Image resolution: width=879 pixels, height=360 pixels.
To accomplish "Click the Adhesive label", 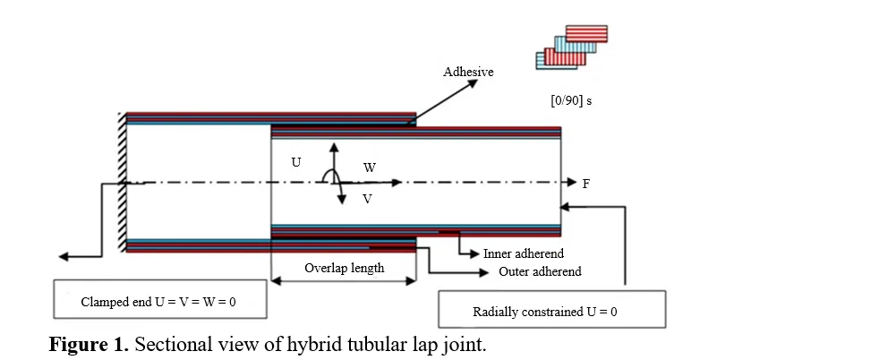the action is pyautogui.click(x=468, y=72).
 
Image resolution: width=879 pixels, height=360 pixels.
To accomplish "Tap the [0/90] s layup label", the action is pyautogui.click(x=571, y=101).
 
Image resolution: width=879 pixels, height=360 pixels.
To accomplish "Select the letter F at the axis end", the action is pyautogui.click(x=585, y=184).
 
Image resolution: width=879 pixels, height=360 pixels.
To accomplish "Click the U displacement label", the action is pyautogui.click(x=296, y=163).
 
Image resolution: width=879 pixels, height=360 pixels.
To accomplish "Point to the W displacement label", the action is pyautogui.click(x=370, y=167).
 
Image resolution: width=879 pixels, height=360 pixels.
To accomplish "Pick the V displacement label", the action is pyautogui.click(x=367, y=199).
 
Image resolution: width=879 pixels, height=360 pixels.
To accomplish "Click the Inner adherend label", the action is pyautogui.click(x=524, y=254).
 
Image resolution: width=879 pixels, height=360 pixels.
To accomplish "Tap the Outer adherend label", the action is pyautogui.click(x=540, y=272).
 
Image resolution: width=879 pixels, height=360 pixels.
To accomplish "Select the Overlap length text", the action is pyautogui.click(x=345, y=268).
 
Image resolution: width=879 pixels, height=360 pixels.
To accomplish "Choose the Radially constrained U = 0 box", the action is pyautogui.click(x=551, y=309).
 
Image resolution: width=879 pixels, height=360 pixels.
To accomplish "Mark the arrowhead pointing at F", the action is pyautogui.click(x=572, y=183).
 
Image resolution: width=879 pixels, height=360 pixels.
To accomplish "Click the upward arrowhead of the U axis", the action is pyautogui.click(x=334, y=148).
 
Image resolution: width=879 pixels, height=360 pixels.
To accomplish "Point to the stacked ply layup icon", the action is pyautogui.click(x=572, y=47).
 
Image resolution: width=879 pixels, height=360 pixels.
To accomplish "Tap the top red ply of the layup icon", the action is pyautogui.click(x=586, y=33).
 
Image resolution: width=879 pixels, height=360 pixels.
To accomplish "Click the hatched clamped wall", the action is pyautogui.click(x=123, y=183).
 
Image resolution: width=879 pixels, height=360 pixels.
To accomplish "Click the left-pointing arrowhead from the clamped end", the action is pyautogui.click(x=64, y=257).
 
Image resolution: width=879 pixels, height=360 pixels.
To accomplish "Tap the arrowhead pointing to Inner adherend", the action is pyautogui.click(x=474, y=254).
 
